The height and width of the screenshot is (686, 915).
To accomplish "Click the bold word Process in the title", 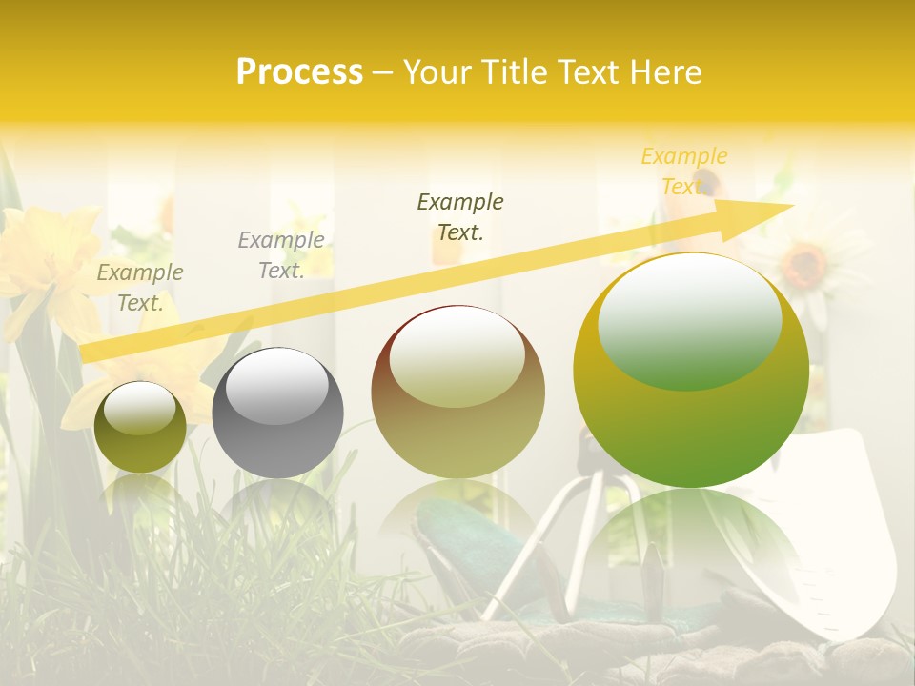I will (x=299, y=72).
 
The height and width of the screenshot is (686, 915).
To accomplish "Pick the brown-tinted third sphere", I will (x=457, y=393).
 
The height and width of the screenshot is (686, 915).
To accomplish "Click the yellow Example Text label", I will (x=683, y=171).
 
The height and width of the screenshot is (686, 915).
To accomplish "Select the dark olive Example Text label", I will (x=460, y=217).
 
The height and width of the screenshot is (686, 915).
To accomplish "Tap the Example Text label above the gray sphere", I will (x=281, y=255).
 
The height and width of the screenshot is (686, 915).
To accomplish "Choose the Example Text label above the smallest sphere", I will (x=140, y=288).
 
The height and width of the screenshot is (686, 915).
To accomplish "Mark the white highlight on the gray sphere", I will (x=276, y=386).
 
